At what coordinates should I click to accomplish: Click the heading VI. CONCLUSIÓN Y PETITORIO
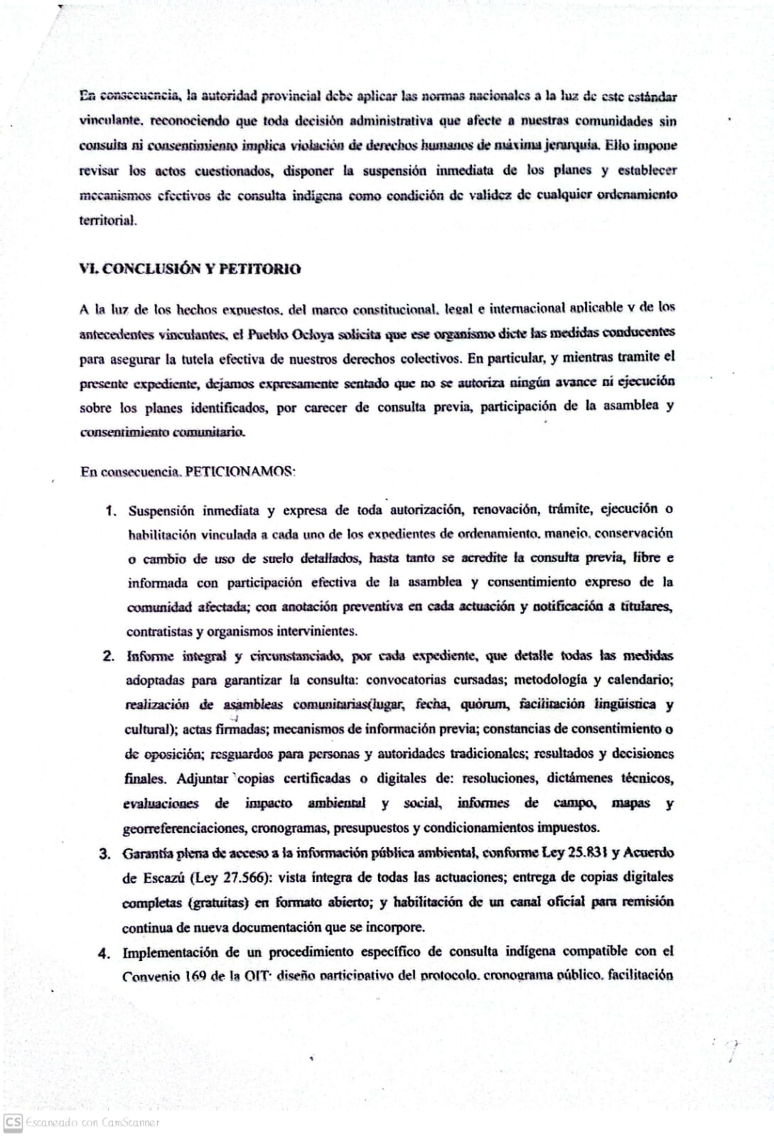point(190,269)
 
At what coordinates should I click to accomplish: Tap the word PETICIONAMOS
point(240,472)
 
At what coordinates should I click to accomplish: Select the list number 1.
point(110,511)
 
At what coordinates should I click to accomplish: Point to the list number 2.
point(109,656)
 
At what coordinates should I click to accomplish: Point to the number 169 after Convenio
point(195,976)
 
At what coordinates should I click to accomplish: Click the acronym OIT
point(256,976)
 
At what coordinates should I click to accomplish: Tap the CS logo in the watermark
point(13,1122)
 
